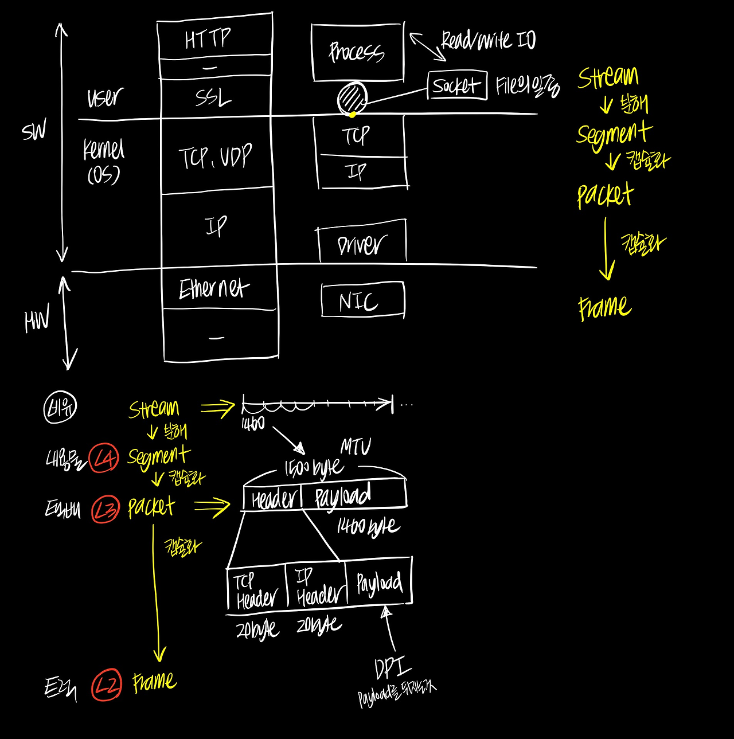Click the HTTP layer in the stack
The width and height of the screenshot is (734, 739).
(x=209, y=39)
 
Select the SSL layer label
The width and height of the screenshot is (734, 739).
(x=213, y=97)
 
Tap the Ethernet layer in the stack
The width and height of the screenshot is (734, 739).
(x=214, y=288)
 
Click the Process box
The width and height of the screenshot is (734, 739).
(x=357, y=52)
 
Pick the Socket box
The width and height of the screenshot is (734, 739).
(x=456, y=85)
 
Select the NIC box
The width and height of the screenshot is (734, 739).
(x=362, y=300)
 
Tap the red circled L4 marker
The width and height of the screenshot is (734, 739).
(x=105, y=458)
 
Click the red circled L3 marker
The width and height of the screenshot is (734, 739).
(x=106, y=509)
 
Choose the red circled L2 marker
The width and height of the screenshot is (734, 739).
(x=107, y=685)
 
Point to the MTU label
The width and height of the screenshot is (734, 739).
(x=356, y=447)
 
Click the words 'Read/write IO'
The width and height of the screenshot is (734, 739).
(x=488, y=41)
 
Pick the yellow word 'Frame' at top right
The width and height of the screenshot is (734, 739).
(x=604, y=307)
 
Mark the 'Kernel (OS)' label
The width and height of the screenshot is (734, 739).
(x=103, y=161)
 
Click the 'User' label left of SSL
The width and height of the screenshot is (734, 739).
(x=105, y=97)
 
